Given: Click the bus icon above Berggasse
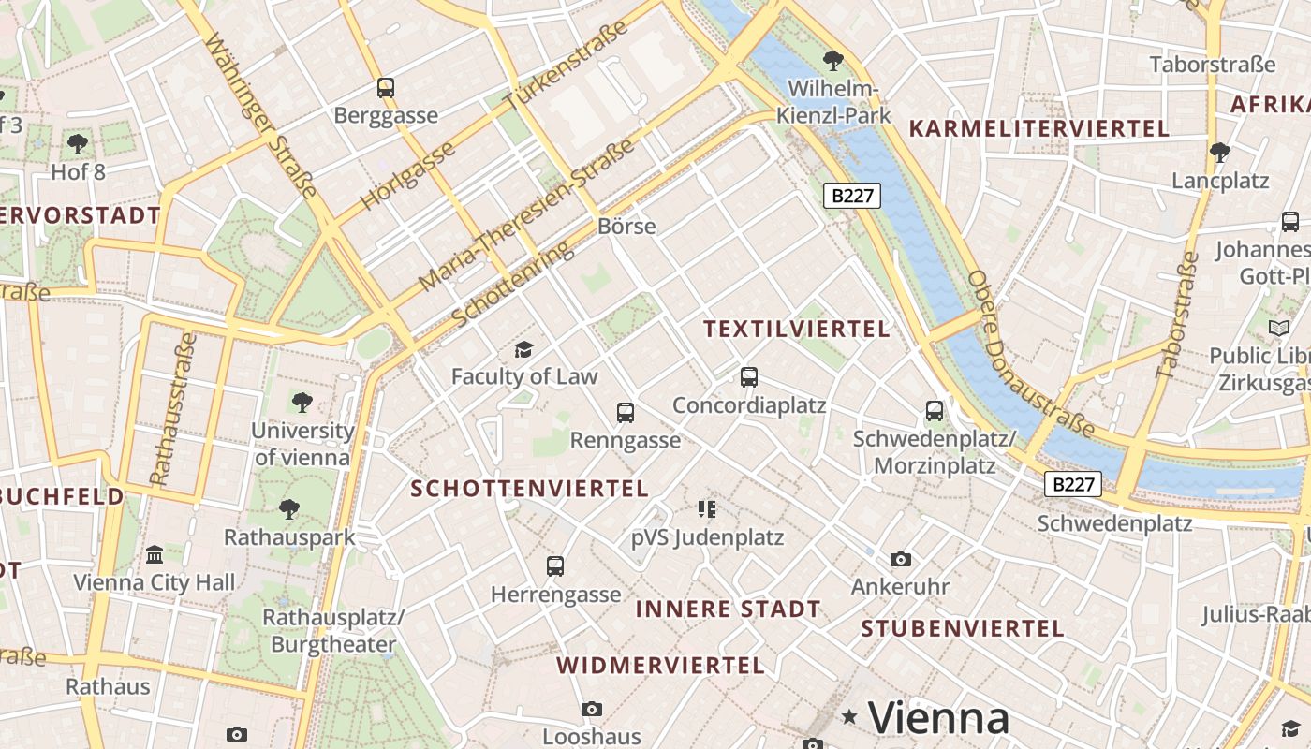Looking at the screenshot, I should coord(385,88).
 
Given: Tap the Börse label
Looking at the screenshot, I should coord(626,227).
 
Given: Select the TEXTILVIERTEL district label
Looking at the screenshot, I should coord(796,329).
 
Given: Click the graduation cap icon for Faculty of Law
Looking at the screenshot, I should coord(523,350).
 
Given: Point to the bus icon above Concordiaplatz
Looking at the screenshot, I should coord(748,377).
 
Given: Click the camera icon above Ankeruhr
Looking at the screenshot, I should coord(901,559).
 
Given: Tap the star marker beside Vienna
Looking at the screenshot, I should coord(849,717).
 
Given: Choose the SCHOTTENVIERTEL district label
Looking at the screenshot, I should coord(529,489).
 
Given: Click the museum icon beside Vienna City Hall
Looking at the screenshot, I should coord(155,554).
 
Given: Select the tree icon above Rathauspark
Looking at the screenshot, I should coord(289,509).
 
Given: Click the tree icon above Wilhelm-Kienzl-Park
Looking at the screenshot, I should coord(832,62).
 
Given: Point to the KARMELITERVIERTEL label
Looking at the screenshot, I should coord(1039,129).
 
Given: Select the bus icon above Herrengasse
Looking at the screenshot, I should coord(555,565).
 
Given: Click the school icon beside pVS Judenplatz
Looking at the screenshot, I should coord(707,509).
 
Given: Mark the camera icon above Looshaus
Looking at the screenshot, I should coord(592,709).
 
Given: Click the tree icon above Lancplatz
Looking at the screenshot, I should coord(1219,152).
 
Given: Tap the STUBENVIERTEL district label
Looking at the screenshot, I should coord(963,628).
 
